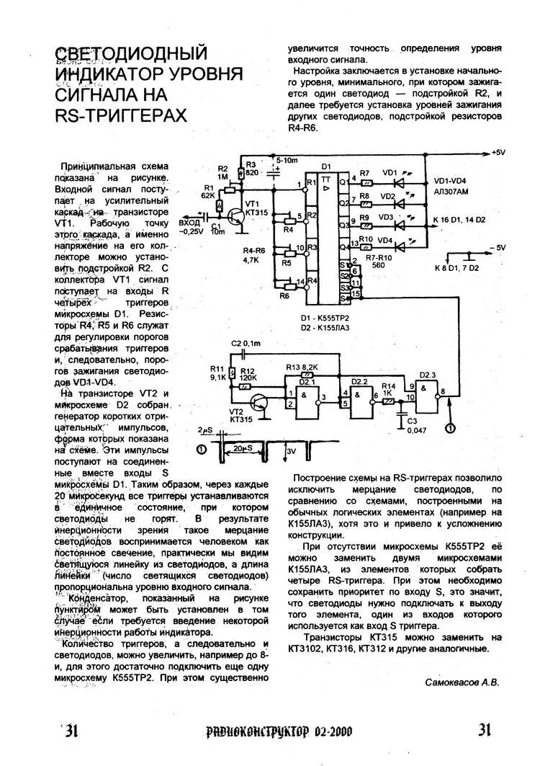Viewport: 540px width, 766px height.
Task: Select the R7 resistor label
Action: click(364, 173)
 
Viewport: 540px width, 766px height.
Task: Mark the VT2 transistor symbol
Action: click(257, 401)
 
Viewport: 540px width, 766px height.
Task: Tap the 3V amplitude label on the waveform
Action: click(291, 451)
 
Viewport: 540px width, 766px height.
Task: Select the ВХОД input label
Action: click(189, 223)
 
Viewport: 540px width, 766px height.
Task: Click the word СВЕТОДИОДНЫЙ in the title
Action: click(131, 53)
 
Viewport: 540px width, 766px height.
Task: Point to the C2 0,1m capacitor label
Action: click(246, 344)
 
